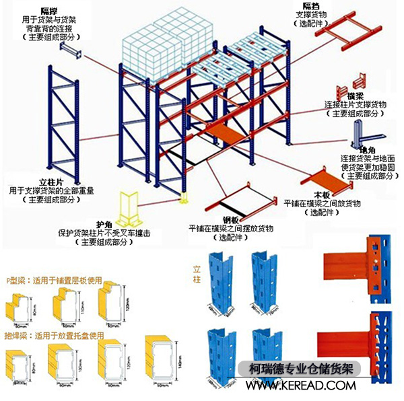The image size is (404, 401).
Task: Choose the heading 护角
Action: pyautogui.click(x=104, y=225)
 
